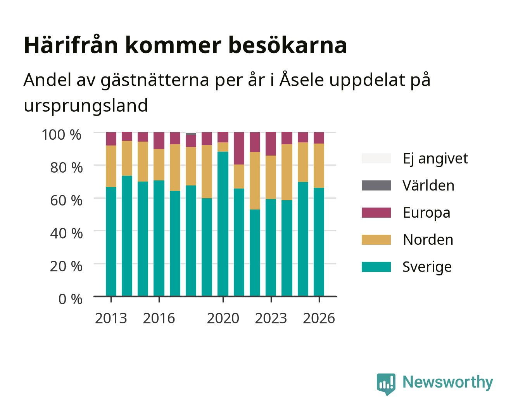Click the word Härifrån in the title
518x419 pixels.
(x=71, y=45)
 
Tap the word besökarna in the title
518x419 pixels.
(x=287, y=45)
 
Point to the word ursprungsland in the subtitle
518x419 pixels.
(x=86, y=106)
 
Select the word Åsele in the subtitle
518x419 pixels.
(x=302, y=79)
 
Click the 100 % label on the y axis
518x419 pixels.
(x=62, y=135)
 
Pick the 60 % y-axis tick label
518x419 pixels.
(x=66, y=201)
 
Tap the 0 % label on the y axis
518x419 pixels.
(x=70, y=299)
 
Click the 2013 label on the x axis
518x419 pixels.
(x=111, y=318)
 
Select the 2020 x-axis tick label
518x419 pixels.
(x=223, y=318)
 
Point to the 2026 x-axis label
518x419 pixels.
(x=319, y=318)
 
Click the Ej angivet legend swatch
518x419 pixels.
(x=376, y=158)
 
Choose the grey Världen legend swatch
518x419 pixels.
(x=376, y=185)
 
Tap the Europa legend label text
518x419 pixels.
(x=426, y=213)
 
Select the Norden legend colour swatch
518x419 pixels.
(x=376, y=240)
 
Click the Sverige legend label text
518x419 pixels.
(x=427, y=267)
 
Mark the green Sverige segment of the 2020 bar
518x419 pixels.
(x=223, y=224)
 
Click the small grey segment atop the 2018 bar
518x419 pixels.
(x=191, y=134)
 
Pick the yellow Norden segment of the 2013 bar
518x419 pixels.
(x=111, y=166)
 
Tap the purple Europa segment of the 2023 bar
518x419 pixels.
(x=271, y=144)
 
